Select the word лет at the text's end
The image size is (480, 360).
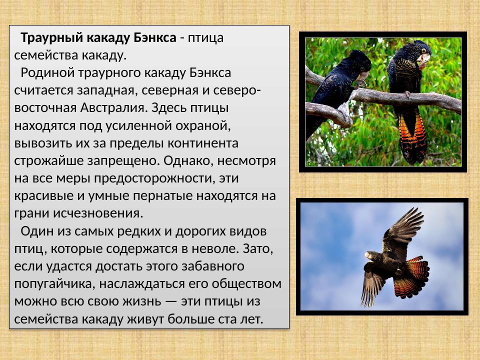point(251,319)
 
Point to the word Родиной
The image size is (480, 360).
point(42,72)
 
